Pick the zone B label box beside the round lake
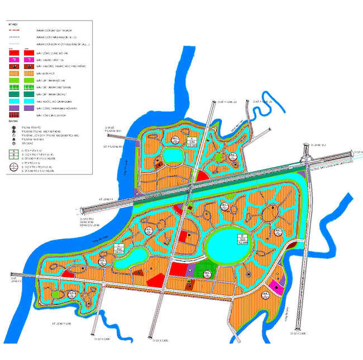tap(243, 240)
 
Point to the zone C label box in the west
tap(119, 249)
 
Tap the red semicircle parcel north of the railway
tap(202, 177)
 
